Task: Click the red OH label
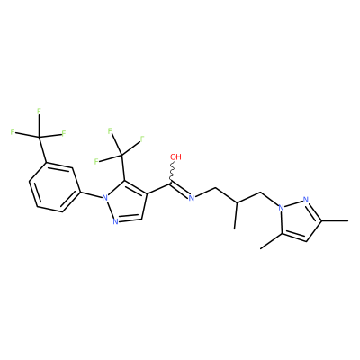176,157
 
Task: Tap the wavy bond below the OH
173,172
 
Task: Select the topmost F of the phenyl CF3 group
39,112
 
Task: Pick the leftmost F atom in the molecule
13,131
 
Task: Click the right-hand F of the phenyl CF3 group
64,133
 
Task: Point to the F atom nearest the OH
142,139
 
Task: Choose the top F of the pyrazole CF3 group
110,130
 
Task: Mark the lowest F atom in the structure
96,162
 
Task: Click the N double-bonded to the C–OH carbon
192,197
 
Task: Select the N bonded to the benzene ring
104,198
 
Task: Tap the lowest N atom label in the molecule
115,222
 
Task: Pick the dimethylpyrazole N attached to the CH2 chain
281,207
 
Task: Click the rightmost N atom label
306,200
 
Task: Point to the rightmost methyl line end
348,221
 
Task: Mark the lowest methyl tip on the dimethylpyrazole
260,248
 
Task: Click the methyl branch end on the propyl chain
235,229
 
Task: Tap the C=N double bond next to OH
180,190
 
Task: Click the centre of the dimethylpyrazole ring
301,220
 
